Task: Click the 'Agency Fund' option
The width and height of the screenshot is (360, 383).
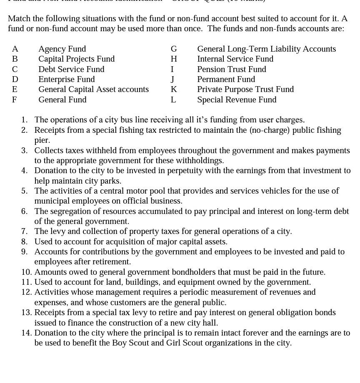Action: pyautogui.click(x=62, y=49)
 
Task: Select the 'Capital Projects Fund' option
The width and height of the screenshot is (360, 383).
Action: pyautogui.click(x=76, y=59)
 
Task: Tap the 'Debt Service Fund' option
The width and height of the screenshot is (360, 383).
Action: pyautogui.click(x=71, y=69)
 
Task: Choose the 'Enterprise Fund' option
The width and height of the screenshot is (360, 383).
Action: pyautogui.click(x=66, y=80)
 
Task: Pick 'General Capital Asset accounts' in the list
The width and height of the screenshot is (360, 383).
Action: pyautogui.click(x=93, y=90)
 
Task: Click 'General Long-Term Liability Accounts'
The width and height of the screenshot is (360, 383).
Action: pyautogui.click(x=266, y=49)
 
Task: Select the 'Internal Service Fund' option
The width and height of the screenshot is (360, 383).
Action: pyautogui.click(x=235, y=59)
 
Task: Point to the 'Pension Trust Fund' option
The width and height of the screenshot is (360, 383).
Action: pyautogui.click(x=231, y=69)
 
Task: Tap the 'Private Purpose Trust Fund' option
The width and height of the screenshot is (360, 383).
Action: pyautogui.click(x=245, y=90)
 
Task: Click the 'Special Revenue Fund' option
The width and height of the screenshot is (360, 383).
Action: pyautogui.click(x=237, y=100)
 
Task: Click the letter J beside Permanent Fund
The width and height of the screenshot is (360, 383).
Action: pyautogui.click(x=172, y=80)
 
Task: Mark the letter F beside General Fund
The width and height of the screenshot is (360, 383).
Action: pyautogui.click(x=15, y=100)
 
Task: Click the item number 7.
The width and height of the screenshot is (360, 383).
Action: pyautogui.click(x=24, y=231)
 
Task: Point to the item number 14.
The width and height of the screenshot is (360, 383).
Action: pyautogui.click(x=26, y=333)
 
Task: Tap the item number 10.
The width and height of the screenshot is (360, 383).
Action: pyautogui.click(x=26, y=272)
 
